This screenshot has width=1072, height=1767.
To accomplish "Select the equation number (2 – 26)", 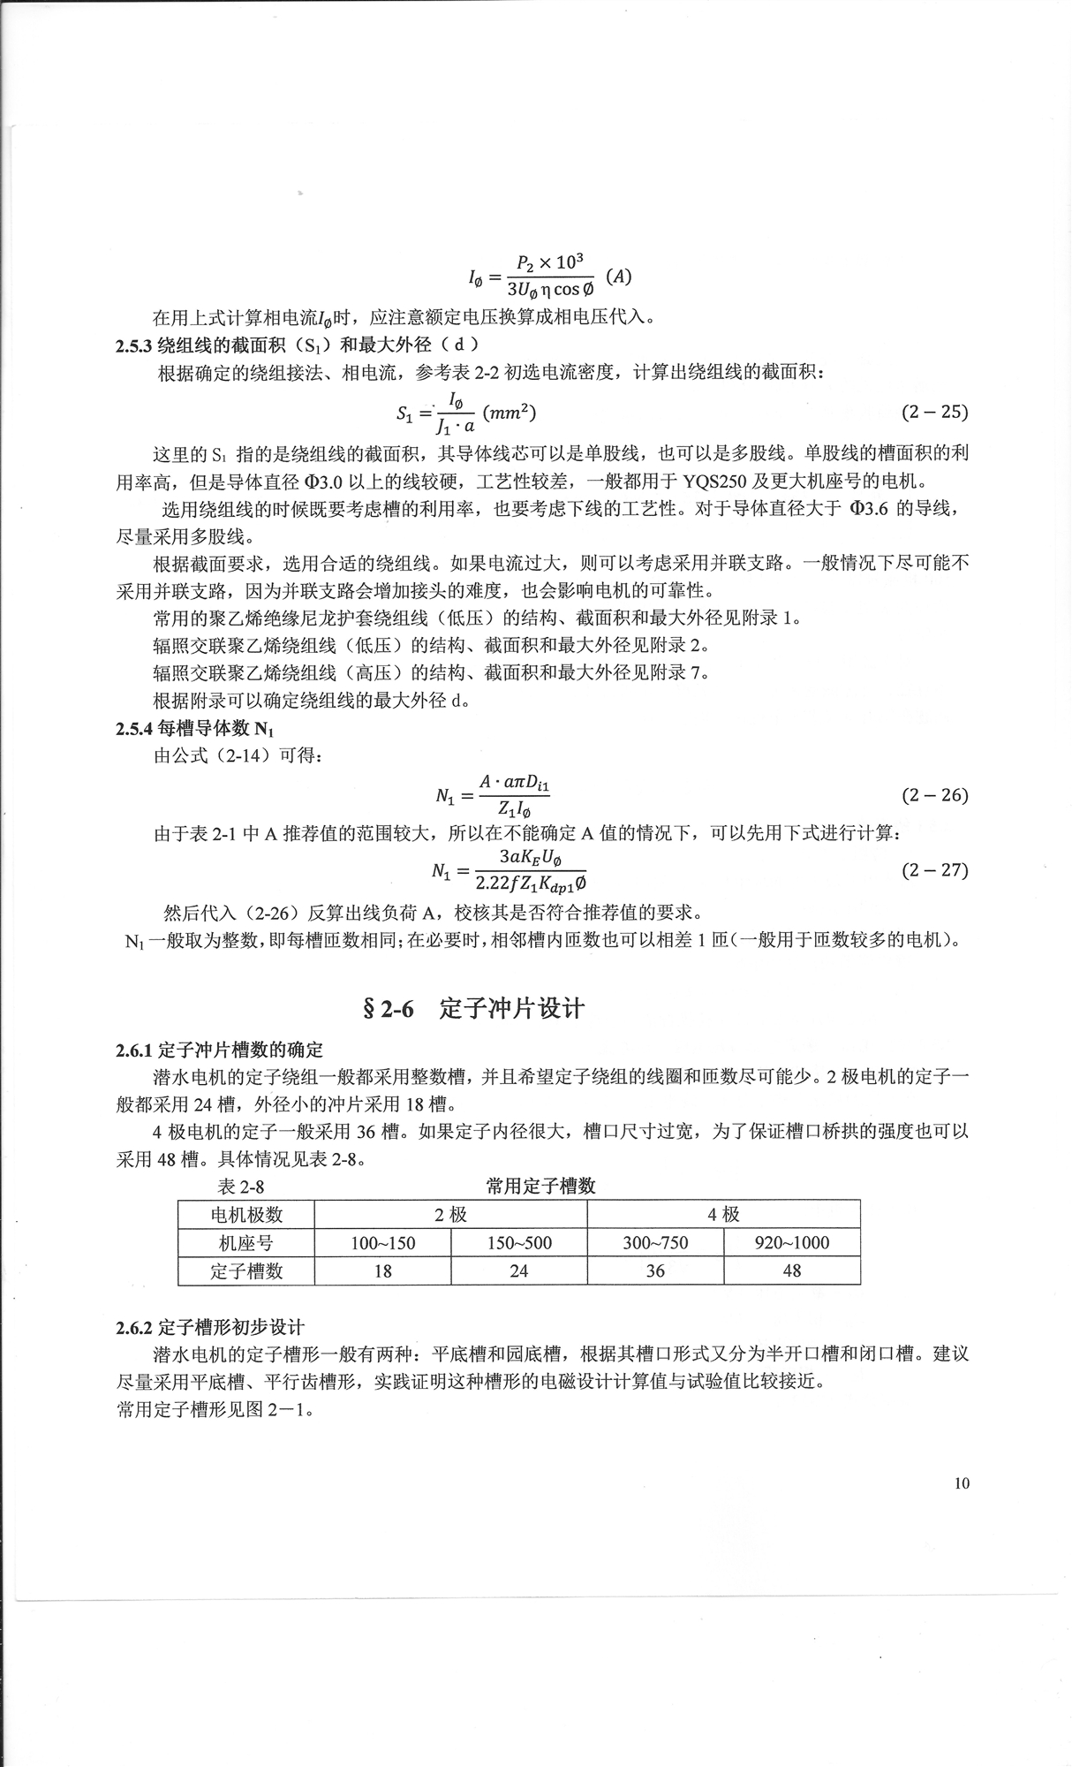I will point(934,795).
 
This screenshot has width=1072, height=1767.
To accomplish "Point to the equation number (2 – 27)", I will point(934,869).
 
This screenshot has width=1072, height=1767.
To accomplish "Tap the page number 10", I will point(962,1483).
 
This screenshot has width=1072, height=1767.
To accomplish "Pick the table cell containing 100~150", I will point(382,1243).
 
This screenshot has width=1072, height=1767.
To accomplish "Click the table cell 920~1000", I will point(792,1243).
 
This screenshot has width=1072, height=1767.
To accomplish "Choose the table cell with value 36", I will point(655,1271).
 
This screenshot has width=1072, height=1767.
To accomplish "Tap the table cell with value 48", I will point(792,1271).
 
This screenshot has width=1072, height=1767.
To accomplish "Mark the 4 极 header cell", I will point(723,1215).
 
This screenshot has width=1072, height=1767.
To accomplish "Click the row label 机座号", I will point(246,1243).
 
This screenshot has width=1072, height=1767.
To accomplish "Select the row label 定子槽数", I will point(246,1271).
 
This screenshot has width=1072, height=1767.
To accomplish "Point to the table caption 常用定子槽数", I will point(540,1186).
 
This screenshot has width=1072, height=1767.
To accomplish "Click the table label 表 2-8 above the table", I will point(240,1187).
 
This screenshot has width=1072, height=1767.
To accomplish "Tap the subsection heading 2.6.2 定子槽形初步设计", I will point(209,1327).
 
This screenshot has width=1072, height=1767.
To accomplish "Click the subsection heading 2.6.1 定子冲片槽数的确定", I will point(219,1050).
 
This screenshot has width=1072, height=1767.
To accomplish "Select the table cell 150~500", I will point(519,1243).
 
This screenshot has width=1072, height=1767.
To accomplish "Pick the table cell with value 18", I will point(382,1271).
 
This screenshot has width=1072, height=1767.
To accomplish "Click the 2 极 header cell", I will point(450,1215).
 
